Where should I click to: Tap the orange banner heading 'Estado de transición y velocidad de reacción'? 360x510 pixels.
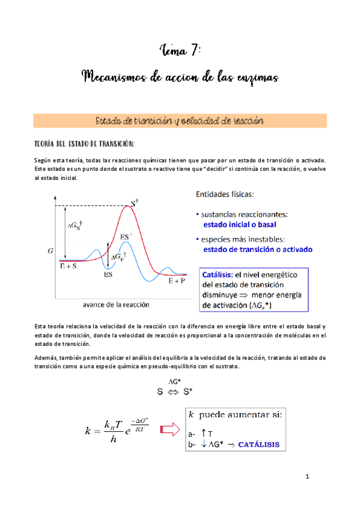(x=180, y=121)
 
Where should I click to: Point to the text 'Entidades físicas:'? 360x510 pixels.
(x=224, y=194)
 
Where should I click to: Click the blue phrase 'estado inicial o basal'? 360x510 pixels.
(x=240, y=224)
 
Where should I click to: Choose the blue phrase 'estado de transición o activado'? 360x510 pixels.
(x=258, y=249)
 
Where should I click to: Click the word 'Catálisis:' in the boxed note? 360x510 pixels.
(x=218, y=274)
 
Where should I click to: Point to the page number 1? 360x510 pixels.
(x=307, y=477)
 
